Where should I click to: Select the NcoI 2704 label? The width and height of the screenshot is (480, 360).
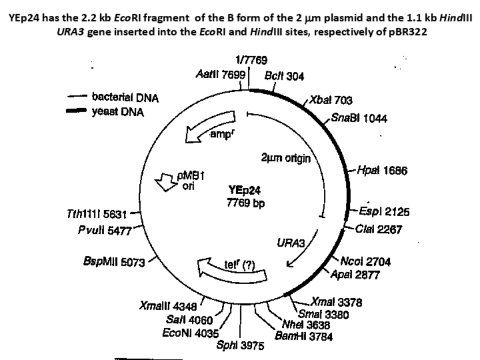click(366, 261)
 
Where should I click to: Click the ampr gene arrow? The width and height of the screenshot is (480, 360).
click(209, 128)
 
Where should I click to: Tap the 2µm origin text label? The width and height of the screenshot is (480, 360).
click(285, 158)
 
